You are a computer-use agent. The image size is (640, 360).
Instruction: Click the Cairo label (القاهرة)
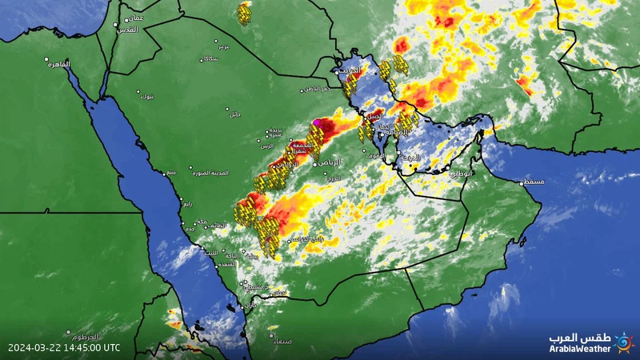(58, 64)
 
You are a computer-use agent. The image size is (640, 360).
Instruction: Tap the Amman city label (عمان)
(134, 18)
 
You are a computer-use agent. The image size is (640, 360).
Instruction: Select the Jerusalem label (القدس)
(126, 30)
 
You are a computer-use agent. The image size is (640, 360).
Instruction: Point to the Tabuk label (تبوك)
(146, 97)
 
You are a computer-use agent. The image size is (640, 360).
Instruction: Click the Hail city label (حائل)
(234, 114)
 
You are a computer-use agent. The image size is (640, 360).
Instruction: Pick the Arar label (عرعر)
(224, 46)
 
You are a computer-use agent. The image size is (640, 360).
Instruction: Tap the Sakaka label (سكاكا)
(211, 59)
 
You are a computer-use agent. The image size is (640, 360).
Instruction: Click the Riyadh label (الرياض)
(328, 162)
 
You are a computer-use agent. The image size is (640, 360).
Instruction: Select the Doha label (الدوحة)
(410, 158)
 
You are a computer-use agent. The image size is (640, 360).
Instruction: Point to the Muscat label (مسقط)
(534, 182)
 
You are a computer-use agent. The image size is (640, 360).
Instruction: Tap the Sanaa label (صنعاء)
(282, 342)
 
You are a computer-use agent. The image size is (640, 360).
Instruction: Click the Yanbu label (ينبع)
(171, 172)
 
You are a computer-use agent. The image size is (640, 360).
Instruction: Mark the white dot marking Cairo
(46, 59)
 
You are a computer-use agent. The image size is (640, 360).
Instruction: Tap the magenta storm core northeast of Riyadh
(318, 122)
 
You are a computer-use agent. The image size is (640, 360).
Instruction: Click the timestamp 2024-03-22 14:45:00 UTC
(64, 348)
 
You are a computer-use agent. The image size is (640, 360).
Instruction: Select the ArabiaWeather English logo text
(579, 348)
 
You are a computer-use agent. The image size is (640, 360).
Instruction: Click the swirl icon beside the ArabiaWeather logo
(624, 342)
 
